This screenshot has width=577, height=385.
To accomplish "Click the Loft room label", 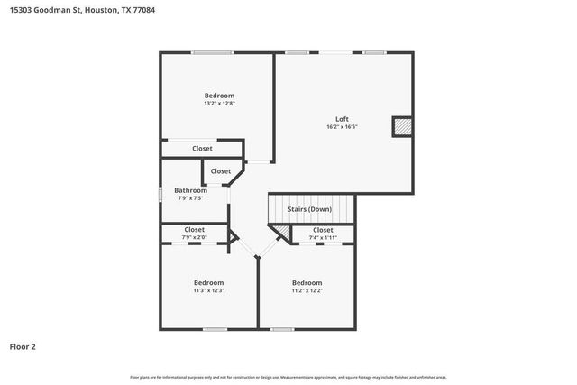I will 342,119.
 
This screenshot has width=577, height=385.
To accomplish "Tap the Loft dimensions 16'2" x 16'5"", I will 342,127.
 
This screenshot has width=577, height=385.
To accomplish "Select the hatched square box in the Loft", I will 401,127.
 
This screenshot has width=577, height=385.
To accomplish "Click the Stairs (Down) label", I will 309,209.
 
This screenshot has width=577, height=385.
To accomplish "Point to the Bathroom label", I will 190,190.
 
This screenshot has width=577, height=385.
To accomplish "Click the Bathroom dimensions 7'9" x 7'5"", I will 190,197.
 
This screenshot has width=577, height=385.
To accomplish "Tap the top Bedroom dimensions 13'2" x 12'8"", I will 219,103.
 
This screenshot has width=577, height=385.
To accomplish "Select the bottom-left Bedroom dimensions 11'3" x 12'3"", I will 208,290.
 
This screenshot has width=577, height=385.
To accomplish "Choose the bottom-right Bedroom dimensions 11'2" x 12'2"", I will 307,290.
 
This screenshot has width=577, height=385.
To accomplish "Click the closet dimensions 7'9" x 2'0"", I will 195,237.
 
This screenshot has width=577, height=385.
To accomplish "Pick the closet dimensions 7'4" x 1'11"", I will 323,237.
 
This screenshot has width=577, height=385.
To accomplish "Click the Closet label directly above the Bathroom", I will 220,170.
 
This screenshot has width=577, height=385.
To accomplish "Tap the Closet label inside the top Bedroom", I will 202,148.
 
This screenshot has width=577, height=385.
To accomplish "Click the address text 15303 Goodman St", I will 42,8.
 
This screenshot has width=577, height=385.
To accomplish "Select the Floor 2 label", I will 23,346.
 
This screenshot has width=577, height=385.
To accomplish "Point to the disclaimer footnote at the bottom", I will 288,377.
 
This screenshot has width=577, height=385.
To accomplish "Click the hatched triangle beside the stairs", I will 282,234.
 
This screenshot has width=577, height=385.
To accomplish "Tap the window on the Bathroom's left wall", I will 161,193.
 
